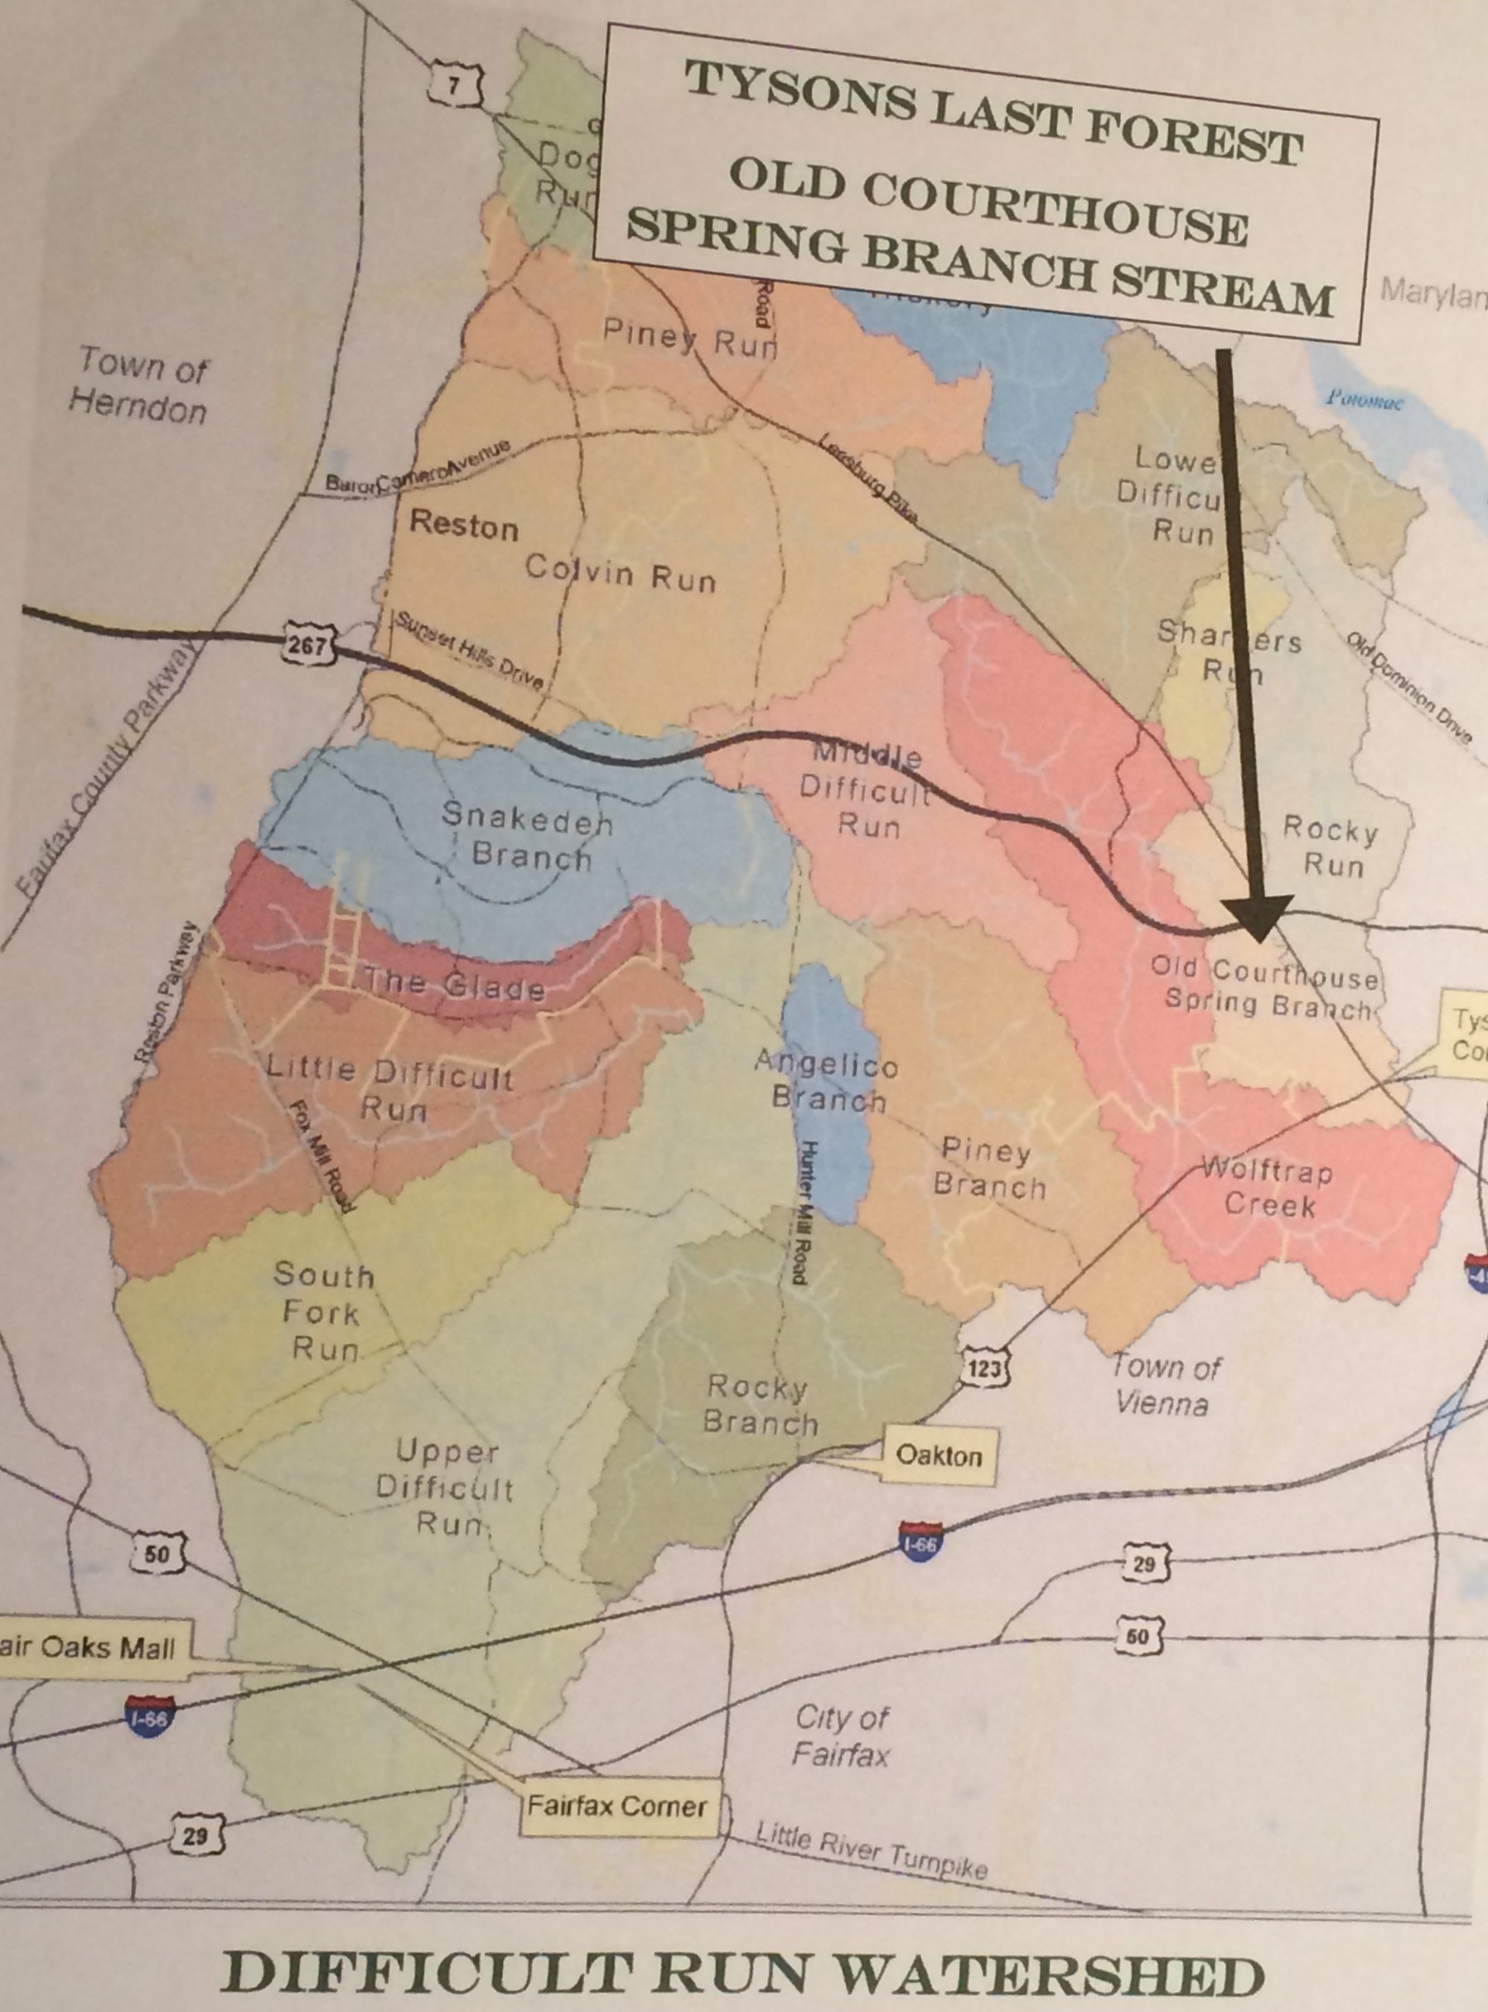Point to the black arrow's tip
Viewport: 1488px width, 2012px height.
(x=1259, y=937)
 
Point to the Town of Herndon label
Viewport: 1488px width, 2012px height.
(x=140, y=385)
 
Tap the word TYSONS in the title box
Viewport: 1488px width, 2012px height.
(x=802, y=96)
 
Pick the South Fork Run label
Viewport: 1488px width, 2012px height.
(x=321, y=1312)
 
